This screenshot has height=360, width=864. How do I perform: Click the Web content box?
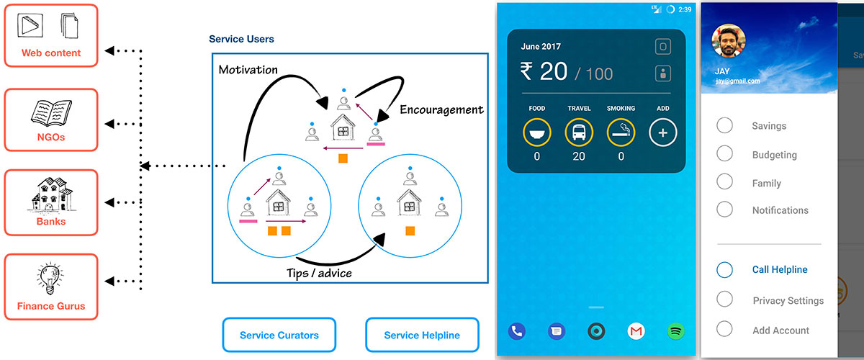pyautogui.click(x=50, y=36)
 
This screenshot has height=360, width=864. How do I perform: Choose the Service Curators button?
pyautogui.click(x=279, y=335)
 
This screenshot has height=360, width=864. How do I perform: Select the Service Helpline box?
pyautogui.click(x=421, y=335)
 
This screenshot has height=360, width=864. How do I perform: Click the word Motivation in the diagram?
pyautogui.click(x=248, y=70)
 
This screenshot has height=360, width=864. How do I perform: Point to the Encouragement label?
pyautogui.click(x=441, y=109)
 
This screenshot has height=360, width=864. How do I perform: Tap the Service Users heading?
pyautogui.click(x=241, y=39)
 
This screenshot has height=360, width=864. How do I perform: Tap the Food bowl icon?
pyautogui.click(x=537, y=132)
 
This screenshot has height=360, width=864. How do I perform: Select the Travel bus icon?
pyautogui.click(x=579, y=132)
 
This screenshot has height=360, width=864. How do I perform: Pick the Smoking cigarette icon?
pyautogui.click(x=621, y=132)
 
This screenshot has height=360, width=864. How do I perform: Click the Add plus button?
pyautogui.click(x=663, y=132)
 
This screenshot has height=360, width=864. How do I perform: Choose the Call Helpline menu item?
pyautogui.click(x=779, y=270)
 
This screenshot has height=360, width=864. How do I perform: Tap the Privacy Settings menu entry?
pyautogui.click(x=788, y=300)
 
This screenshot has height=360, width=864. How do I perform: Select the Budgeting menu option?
pyautogui.click(x=774, y=155)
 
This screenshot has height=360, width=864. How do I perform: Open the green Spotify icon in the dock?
pyautogui.click(x=676, y=331)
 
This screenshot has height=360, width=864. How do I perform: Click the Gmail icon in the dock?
pyautogui.click(x=636, y=331)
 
